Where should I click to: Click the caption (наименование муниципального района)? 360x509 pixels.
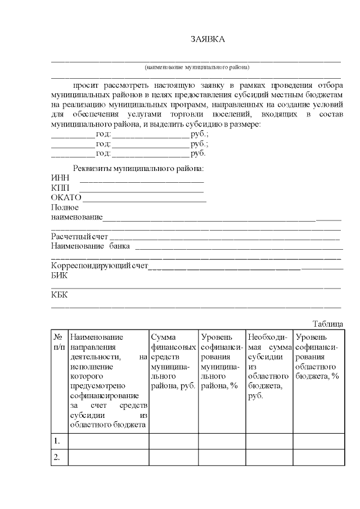(x=196, y=67)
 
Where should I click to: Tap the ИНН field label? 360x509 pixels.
(x=60, y=178)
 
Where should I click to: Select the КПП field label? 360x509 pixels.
(x=60, y=188)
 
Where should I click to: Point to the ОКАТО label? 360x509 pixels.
(x=66, y=197)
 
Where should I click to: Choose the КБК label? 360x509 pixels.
(x=59, y=294)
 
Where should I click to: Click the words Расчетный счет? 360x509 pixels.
(x=79, y=236)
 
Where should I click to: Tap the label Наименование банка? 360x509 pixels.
(x=91, y=246)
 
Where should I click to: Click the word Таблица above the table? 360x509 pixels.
(x=327, y=324)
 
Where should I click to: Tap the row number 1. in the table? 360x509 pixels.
(x=57, y=441)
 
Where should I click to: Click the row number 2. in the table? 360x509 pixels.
(x=57, y=457)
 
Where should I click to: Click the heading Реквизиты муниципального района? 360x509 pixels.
(x=138, y=169)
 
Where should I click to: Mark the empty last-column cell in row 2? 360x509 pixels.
(x=318, y=457)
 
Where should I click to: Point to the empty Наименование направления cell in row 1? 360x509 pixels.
(x=108, y=441)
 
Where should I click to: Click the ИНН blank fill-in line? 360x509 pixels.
(x=142, y=181)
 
